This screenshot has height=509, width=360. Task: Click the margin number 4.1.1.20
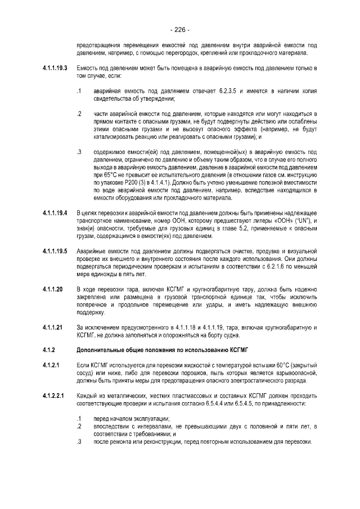point(51,289)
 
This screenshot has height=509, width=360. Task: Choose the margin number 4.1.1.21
point(51,327)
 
